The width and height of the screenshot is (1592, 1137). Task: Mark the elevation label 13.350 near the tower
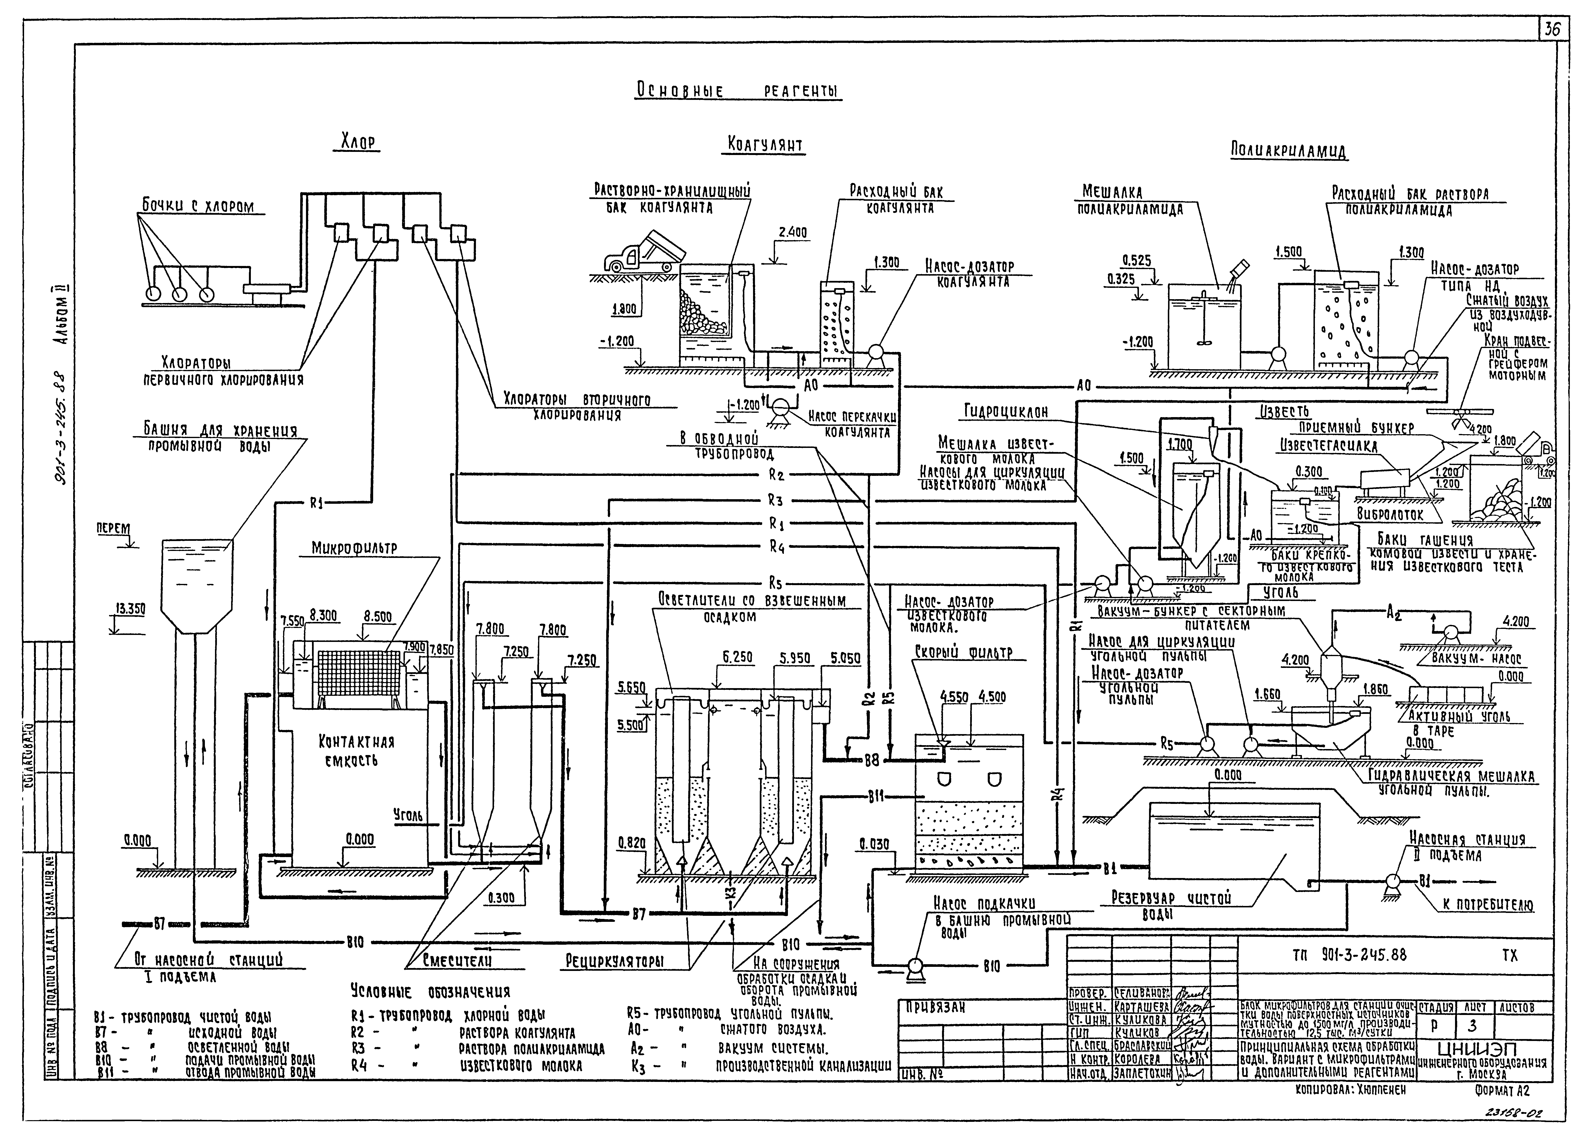pos(130,609)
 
